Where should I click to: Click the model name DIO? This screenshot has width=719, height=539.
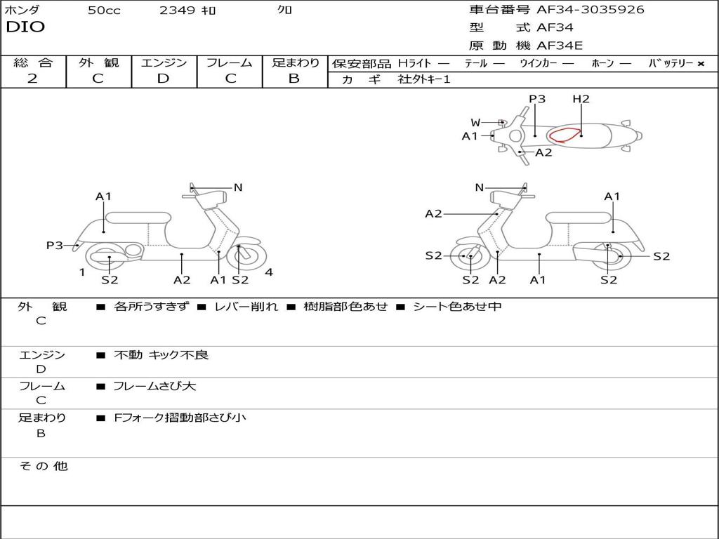click(25, 27)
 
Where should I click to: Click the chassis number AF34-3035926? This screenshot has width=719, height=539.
click(590, 10)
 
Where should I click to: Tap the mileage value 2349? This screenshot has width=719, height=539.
click(177, 11)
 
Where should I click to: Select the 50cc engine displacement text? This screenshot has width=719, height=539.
click(104, 11)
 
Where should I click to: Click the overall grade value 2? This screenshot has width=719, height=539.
click(32, 79)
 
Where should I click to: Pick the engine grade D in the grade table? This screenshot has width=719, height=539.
click(163, 79)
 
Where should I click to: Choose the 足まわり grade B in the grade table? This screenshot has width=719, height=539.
click(294, 79)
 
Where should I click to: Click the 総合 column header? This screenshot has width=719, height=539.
click(33, 63)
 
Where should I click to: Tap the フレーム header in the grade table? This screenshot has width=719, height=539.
click(230, 63)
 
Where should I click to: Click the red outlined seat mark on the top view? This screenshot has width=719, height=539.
click(565, 135)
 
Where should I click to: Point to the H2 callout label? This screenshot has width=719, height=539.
click(581, 99)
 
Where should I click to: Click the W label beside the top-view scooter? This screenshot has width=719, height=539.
click(475, 123)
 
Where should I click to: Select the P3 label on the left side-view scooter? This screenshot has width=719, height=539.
click(54, 245)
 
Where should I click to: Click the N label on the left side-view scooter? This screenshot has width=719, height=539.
click(238, 187)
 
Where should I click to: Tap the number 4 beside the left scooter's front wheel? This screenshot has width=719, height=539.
click(269, 272)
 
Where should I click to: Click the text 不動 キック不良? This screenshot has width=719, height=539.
click(161, 355)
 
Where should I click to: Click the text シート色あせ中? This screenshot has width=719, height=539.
click(456, 307)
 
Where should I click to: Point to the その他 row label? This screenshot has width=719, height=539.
click(43, 466)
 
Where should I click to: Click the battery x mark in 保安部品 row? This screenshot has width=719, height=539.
click(700, 64)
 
